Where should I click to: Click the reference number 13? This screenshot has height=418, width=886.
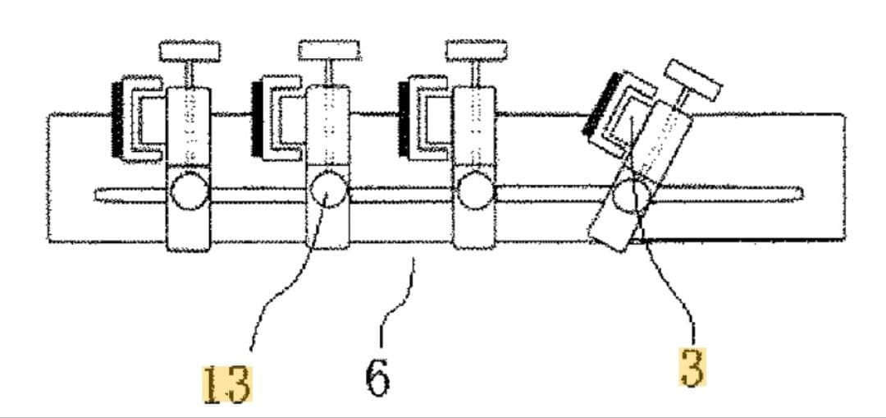click(x=227, y=384)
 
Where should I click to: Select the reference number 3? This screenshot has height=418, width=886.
click(x=692, y=368)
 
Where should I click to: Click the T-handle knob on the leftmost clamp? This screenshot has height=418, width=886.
click(x=190, y=51)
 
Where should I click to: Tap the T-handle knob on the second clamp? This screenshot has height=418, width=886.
click(x=329, y=50)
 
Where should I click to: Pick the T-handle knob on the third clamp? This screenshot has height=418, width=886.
click(x=476, y=50)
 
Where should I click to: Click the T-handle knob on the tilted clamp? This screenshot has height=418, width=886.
click(x=693, y=80)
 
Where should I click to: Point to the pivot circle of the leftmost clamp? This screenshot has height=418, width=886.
click(x=190, y=191)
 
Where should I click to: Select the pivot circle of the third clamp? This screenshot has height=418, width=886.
click(x=475, y=191)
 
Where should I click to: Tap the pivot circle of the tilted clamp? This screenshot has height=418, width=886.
click(x=634, y=196)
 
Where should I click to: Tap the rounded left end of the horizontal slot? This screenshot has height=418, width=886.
click(x=97, y=195)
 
